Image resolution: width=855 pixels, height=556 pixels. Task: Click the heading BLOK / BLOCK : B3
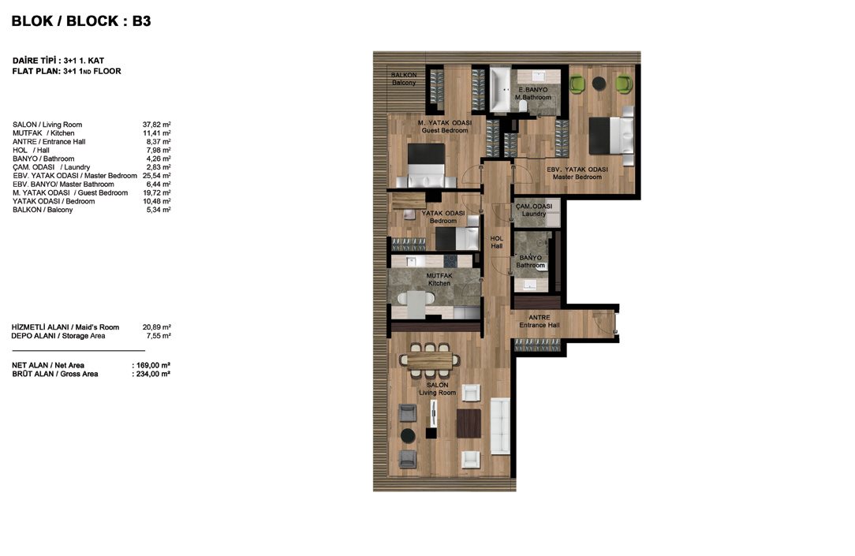pyautogui.click(x=81, y=21)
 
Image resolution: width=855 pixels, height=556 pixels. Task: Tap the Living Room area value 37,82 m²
pyautogui.click(x=156, y=125)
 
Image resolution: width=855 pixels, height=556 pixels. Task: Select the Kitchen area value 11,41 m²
pyautogui.click(x=156, y=133)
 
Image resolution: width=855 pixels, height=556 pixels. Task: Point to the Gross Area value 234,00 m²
pyautogui.click(x=151, y=374)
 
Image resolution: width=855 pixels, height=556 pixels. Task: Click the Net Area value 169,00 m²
pyautogui.click(x=151, y=365)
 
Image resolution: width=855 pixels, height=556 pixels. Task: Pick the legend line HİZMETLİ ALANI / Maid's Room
pyautogui.click(x=65, y=327)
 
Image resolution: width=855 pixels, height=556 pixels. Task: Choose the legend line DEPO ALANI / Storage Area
pyautogui.click(x=58, y=336)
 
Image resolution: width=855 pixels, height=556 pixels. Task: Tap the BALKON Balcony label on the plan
pyautogui.click(x=404, y=79)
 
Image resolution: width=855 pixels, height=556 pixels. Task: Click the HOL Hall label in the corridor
pyautogui.click(x=497, y=242)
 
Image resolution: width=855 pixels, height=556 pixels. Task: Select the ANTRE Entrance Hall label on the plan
pyautogui.click(x=540, y=321)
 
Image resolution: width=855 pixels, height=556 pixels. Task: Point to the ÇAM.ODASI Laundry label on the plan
pyautogui.click(x=534, y=210)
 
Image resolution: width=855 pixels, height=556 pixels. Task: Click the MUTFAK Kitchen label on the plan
pyautogui.click(x=439, y=280)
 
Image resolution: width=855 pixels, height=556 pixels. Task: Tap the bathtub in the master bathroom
pyautogui.click(x=499, y=89)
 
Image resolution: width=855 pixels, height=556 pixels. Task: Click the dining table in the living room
pyautogui.click(x=430, y=360)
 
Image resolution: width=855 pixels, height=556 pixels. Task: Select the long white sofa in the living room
pyautogui.click(x=500, y=426)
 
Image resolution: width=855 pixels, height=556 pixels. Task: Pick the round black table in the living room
pyautogui.click(x=408, y=435)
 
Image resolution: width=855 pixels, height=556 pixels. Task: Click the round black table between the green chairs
pyautogui.click(x=599, y=83)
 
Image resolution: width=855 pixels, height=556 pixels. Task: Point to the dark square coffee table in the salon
pyautogui.click(x=469, y=424)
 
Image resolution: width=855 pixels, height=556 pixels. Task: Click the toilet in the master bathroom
pyautogui.click(x=523, y=105)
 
